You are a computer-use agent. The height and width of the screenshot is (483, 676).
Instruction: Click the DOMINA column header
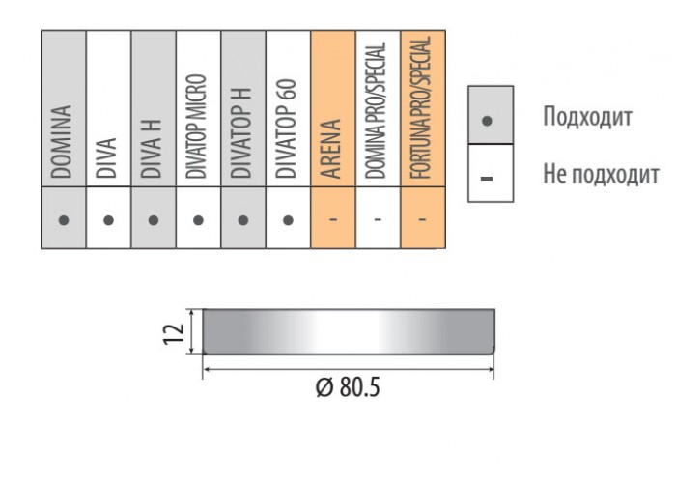click(x=62, y=141)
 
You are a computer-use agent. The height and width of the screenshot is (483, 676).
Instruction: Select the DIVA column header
click(x=106, y=157)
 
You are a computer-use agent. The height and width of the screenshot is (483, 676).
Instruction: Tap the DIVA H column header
click(x=152, y=149)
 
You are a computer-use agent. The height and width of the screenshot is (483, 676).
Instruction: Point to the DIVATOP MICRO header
click(x=197, y=127)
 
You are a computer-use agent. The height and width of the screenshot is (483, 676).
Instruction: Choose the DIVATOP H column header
click(x=241, y=133)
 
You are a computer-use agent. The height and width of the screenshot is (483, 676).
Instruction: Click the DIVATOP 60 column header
click(x=286, y=128)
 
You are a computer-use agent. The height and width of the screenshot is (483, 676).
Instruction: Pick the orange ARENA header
click(x=331, y=149)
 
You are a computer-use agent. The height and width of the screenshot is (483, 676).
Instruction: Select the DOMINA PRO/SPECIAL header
click(x=376, y=110)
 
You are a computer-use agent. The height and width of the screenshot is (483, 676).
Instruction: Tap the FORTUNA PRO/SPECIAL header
click(x=421, y=107)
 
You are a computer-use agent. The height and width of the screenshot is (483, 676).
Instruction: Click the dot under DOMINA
click(x=64, y=220)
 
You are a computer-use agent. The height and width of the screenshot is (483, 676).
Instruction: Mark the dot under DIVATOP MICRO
click(x=198, y=220)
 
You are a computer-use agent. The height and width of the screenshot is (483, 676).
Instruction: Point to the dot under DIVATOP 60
click(x=288, y=220)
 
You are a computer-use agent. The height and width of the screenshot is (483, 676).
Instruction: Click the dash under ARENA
click(x=333, y=220)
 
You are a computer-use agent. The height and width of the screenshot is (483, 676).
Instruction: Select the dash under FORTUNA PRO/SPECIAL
click(x=423, y=220)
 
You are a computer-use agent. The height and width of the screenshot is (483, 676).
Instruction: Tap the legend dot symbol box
click(x=491, y=115)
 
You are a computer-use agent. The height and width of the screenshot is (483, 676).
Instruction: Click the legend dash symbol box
click(x=491, y=173)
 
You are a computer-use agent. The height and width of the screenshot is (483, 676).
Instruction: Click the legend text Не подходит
click(x=601, y=174)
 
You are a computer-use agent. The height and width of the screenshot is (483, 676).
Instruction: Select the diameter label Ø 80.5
click(x=348, y=386)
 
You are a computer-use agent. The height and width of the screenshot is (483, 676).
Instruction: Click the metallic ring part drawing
click(x=349, y=331)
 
